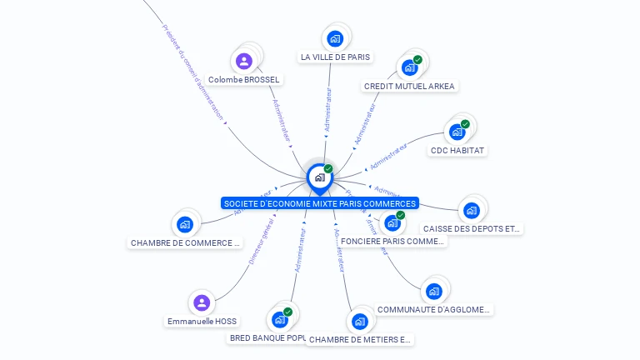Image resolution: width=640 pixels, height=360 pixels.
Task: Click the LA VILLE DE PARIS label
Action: coord(335,57)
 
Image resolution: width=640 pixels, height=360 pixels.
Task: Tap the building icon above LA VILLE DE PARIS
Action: coord(335,38)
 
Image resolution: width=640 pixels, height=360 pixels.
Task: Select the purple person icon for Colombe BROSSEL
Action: coord(244,61)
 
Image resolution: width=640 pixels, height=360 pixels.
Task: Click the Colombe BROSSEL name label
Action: coord(244,80)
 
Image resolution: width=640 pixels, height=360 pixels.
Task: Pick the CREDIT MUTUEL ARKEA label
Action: coord(410,86)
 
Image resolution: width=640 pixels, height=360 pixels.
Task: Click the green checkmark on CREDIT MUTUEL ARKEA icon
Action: coord(417,60)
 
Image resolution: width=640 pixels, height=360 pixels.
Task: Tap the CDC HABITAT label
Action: coord(457,151)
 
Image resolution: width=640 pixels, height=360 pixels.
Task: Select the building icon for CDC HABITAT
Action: coord(457,132)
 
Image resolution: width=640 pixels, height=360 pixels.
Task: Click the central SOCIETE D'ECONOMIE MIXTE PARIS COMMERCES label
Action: coord(320,203)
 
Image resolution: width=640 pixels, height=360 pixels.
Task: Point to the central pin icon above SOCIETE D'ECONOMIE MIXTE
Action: coord(319,177)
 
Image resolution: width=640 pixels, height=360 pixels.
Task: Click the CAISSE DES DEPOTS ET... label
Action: coord(472,228)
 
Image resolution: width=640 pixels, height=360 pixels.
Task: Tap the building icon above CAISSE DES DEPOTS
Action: coord(472,210)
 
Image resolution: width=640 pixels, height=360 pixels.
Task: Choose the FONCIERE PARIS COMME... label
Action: coord(392,241)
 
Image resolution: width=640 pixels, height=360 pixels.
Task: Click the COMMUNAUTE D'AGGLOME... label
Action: coord(433,309)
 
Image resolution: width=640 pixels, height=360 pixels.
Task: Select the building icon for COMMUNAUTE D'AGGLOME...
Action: coord(433,291)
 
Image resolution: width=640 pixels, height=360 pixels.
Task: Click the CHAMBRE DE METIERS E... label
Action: coord(360,339)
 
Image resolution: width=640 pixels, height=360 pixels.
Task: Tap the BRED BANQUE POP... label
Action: coord(267,338)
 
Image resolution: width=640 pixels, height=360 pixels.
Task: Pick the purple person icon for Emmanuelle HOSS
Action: coord(202,302)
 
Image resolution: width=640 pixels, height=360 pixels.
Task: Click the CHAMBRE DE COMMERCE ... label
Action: coord(185,243)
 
